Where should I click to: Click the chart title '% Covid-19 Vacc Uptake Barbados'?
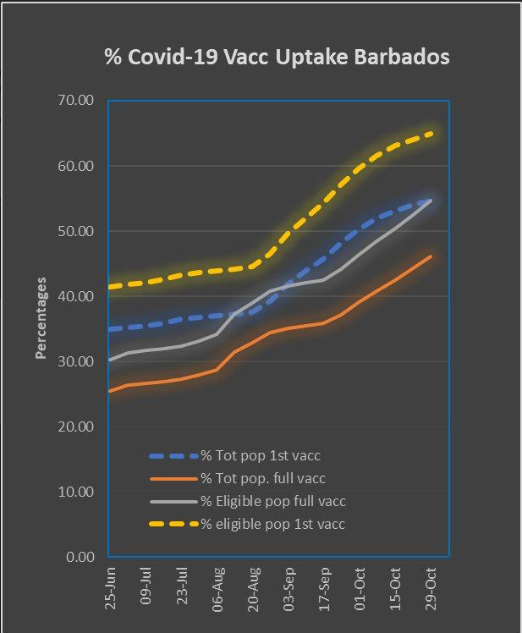tap(277, 58)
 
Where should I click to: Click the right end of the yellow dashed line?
tap(432, 133)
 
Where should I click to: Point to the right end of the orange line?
tap(432, 256)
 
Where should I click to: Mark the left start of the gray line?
tap(110, 360)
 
